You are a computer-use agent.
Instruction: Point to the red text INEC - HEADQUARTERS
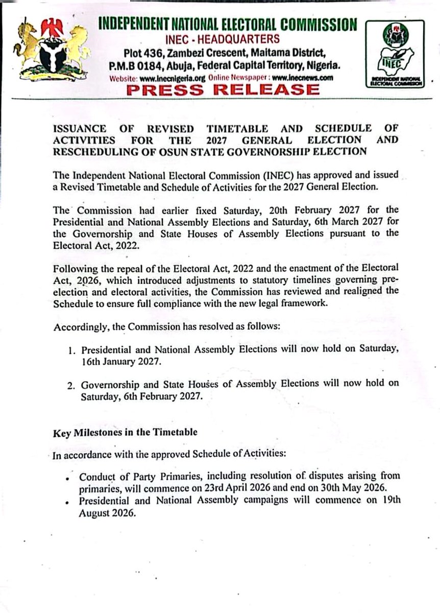(x=222, y=39)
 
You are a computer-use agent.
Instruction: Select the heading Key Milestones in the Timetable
(x=125, y=432)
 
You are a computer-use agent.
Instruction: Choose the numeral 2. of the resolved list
(x=71, y=384)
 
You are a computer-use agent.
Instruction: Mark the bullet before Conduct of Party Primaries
(x=67, y=478)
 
